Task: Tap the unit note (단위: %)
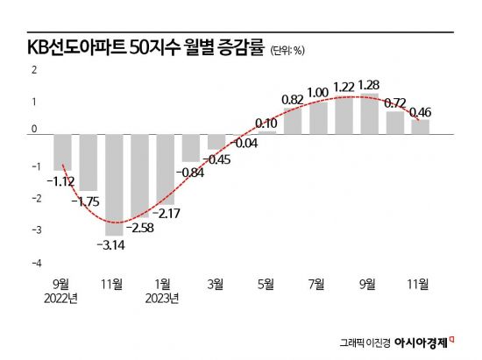[x=287, y=50]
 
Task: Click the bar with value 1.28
[x=369, y=113]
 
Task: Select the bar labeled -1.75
[x=89, y=162]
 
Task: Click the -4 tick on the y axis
[x=36, y=263]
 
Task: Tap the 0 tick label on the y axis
[x=36, y=130]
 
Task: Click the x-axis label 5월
[x=266, y=284]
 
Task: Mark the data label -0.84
[x=190, y=172]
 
